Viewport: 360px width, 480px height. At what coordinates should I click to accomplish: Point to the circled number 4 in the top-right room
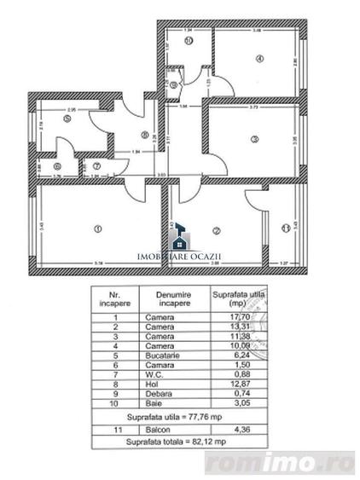coord(258,58)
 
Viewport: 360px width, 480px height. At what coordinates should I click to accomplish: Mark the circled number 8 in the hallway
coord(145,133)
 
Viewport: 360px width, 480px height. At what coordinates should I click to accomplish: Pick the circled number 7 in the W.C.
coord(97,166)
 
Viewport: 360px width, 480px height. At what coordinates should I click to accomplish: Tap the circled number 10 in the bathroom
coord(189,39)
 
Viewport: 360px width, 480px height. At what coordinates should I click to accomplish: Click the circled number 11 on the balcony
coord(284,228)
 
